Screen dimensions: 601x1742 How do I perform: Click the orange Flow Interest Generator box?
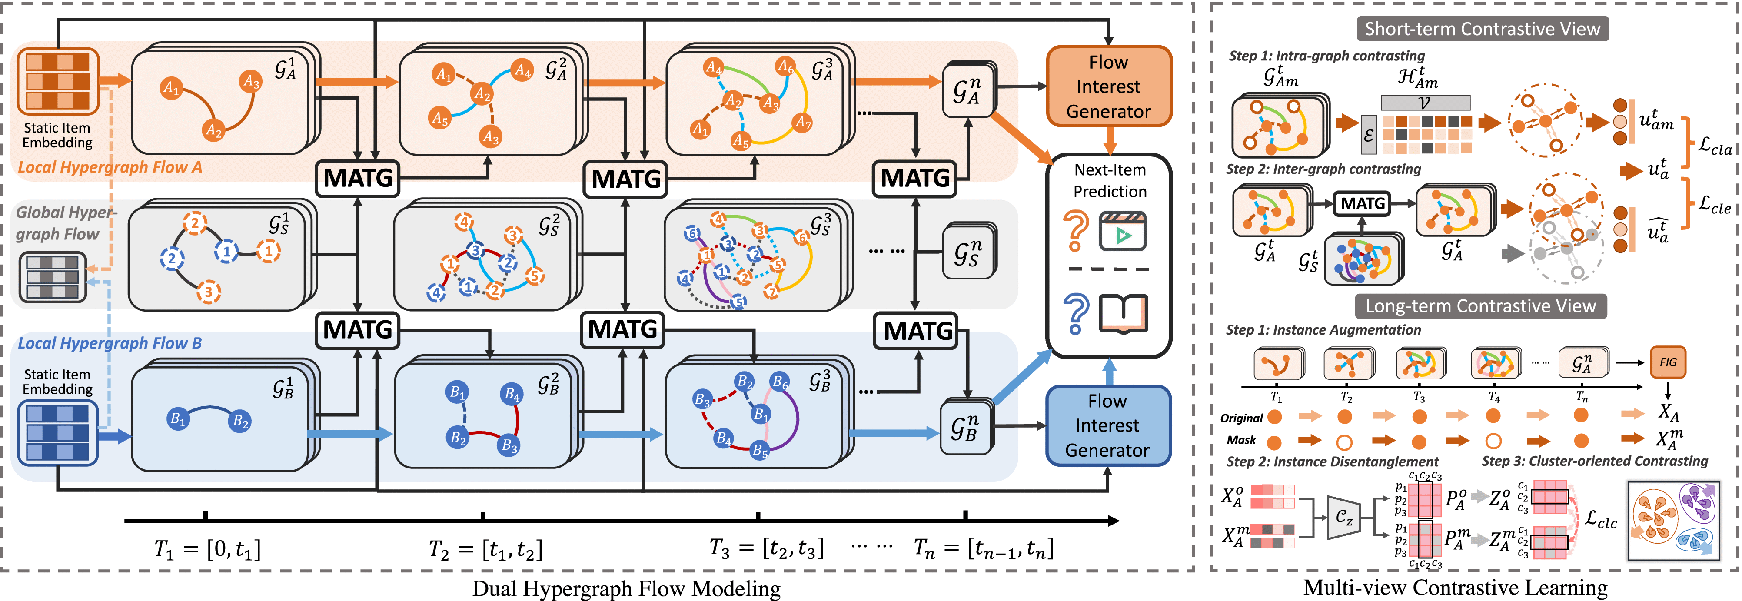(x=1108, y=86)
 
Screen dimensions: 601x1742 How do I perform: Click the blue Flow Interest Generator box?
(x=1107, y=425)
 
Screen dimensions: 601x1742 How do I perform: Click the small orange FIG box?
(x=1668, y=362)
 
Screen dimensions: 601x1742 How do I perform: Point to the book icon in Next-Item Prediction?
(x=1123, y=314)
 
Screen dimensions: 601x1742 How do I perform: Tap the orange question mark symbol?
(x=1076, y=230)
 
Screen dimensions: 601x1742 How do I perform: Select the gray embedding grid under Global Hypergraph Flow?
(x=52, y=276)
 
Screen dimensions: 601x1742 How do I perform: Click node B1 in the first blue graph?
(x=178, y=418)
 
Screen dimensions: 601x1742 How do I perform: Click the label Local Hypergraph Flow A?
(x=110, y=167)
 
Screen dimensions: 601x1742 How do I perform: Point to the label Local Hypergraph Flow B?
(x=110, y=343)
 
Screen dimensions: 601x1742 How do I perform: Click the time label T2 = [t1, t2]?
(x=485, y=549)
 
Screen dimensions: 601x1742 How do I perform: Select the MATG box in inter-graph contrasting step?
(x=1363, y=203)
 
